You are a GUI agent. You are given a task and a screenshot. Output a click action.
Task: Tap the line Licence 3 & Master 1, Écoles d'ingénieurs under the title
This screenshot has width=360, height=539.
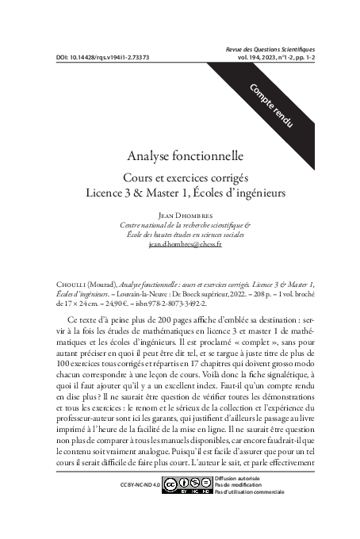pos(180,193)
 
